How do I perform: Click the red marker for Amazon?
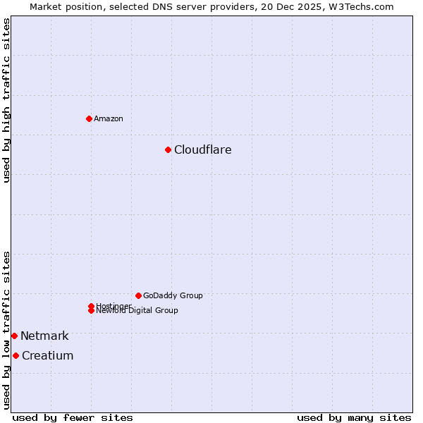[89, 118]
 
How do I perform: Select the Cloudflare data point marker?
[168, 149]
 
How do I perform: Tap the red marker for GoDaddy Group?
[138, 295]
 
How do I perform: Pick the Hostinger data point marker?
[91, 306]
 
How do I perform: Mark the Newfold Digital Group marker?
[91, 311]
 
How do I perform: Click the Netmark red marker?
[14, 336]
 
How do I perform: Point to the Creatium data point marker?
[16, 355]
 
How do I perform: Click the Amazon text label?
[109, 118]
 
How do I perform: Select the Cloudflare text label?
[203, 149]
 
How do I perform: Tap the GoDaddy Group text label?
[173, 295]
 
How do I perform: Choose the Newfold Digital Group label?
[137, 311]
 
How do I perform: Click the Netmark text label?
[44, 336]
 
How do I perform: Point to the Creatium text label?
[47, 355]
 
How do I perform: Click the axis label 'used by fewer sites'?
[73, 417]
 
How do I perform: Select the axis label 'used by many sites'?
[354, 417]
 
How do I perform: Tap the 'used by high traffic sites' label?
[6, 100]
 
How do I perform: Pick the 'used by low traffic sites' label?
[6, 329]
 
